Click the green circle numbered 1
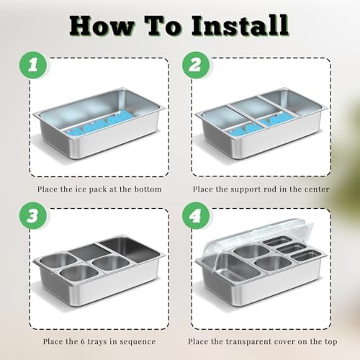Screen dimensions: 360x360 [x=33, y=65]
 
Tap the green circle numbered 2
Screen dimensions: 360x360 [x=196, y=65]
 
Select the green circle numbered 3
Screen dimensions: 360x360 [x=33, y=215]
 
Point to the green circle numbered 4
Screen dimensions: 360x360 [x=196, y=215]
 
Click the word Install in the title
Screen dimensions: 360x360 [x=240, y=25]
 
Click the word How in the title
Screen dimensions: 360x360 [x=102, y=26]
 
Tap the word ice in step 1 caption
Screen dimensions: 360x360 [x=81, y=189]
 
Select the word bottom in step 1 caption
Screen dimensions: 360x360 [x=148, y=189]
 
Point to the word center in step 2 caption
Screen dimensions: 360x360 [x=317, y=189]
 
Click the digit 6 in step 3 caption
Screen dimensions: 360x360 [x=83, y=341]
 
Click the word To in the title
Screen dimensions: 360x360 [x=163, y=26]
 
